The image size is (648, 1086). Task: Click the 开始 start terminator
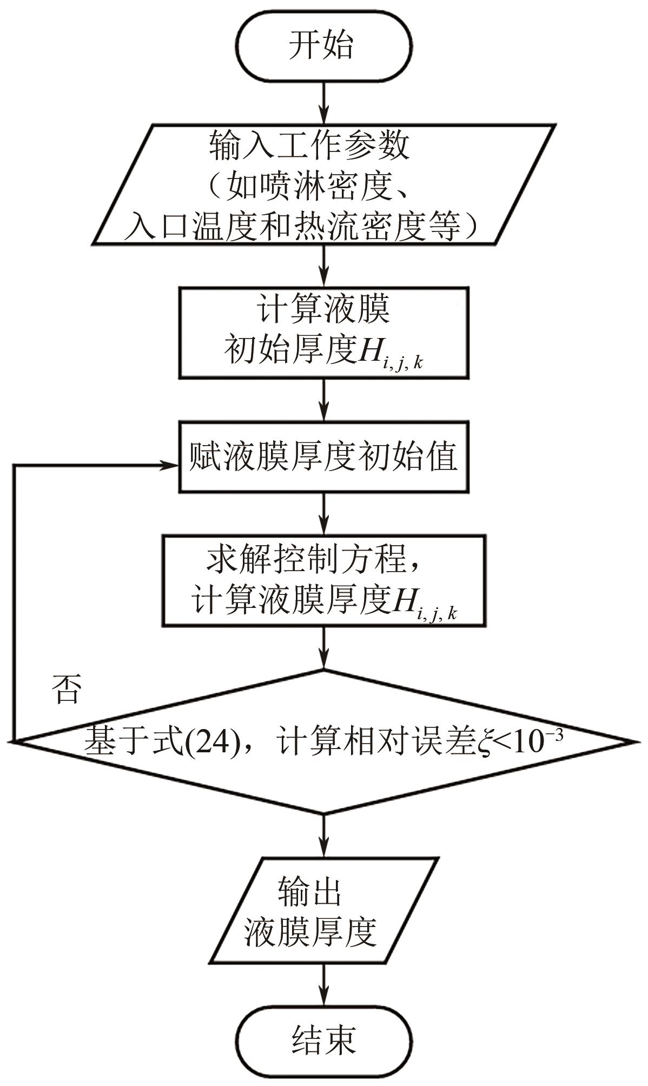coord(323,44)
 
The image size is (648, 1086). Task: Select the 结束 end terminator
coord(323,1038)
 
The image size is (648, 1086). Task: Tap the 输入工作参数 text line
coord(309,147)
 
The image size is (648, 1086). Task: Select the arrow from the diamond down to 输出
coord(323,835)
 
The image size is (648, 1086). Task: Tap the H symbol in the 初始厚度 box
coord(368,348)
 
